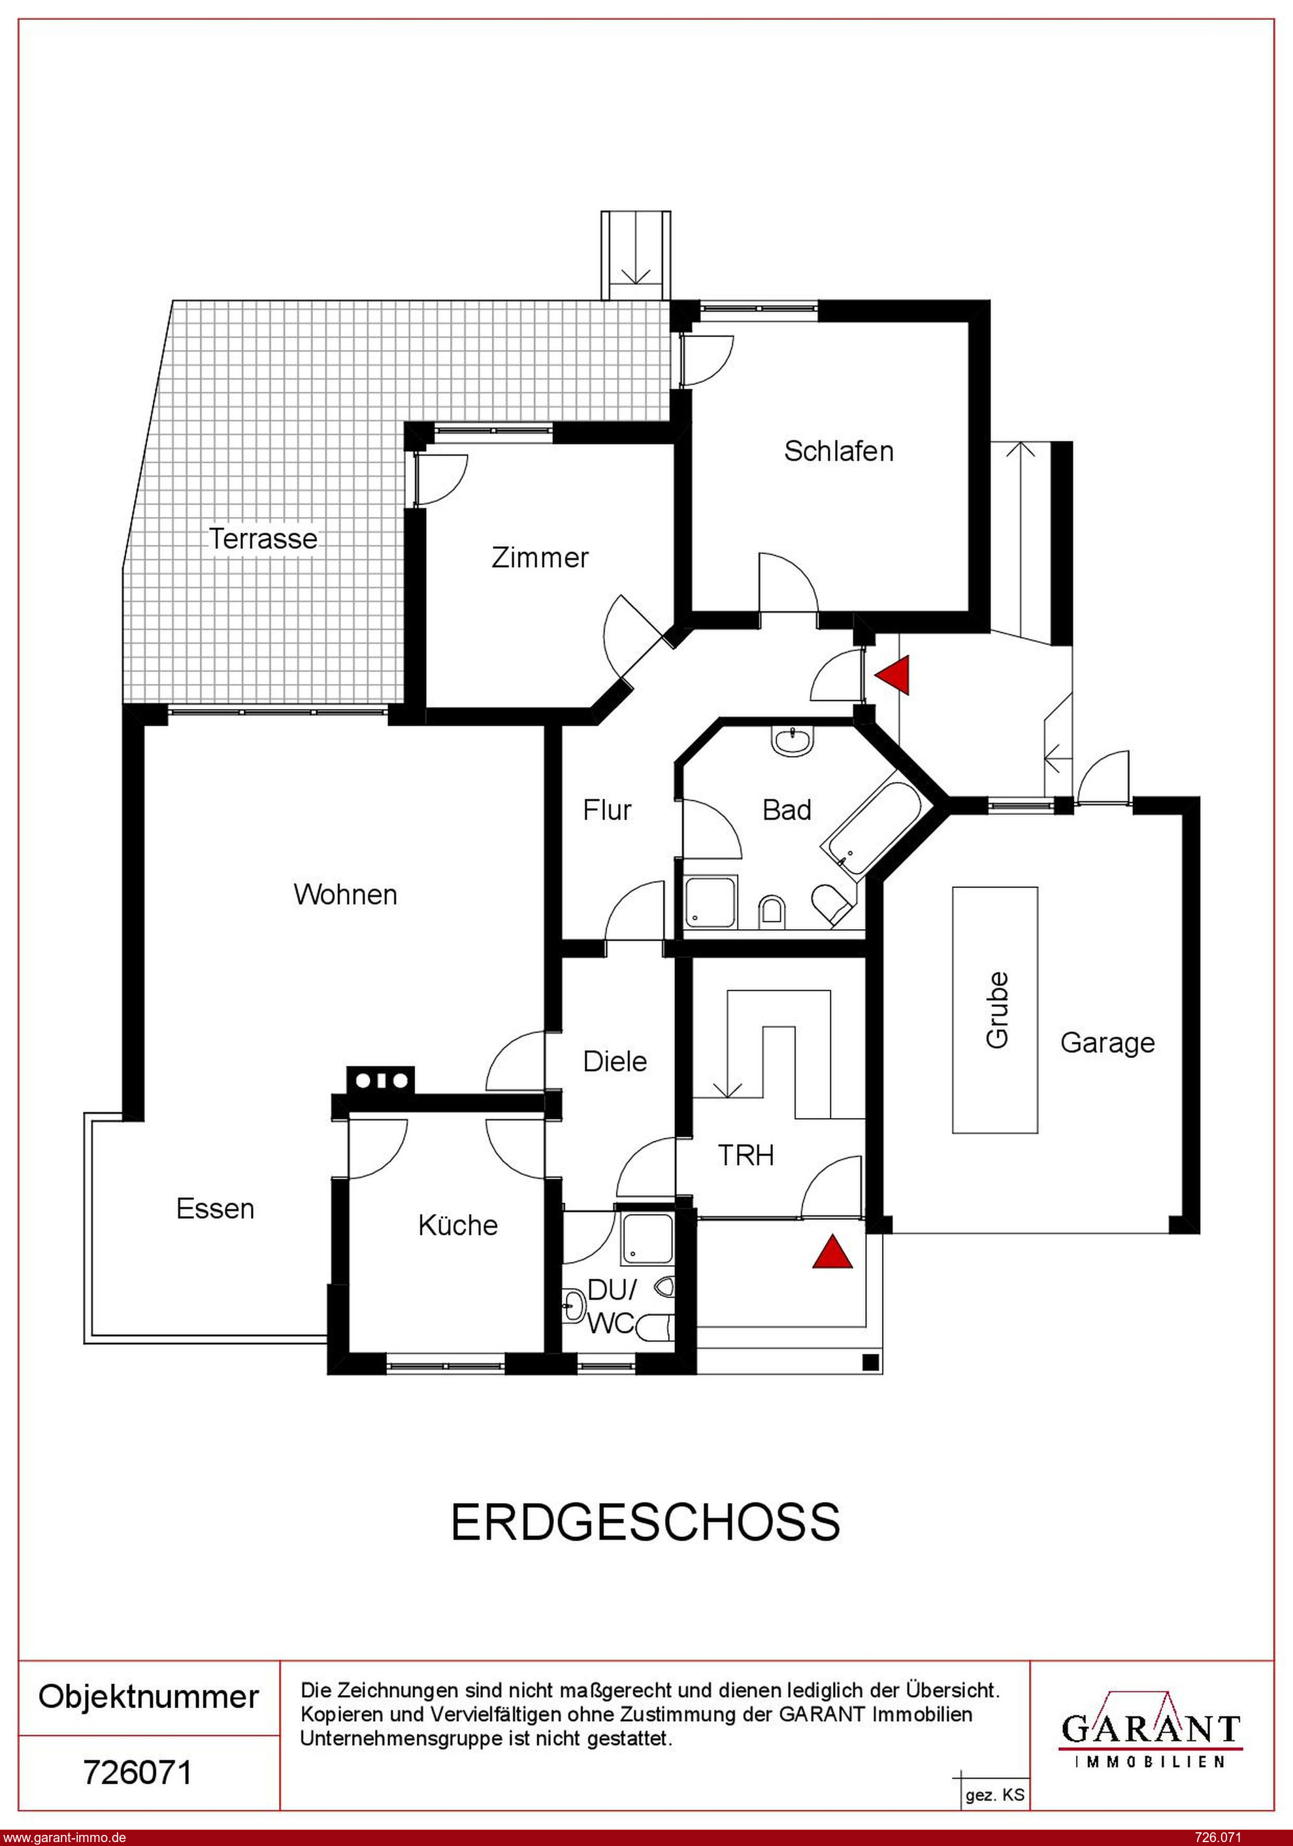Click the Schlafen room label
point(839,451)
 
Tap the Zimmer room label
point(540,557)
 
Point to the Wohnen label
point(345,894)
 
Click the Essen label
point(215,1208)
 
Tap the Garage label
point(1107,1043)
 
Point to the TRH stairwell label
point(745,1155)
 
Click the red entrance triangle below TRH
point(832,1253)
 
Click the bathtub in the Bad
point(872,821)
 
